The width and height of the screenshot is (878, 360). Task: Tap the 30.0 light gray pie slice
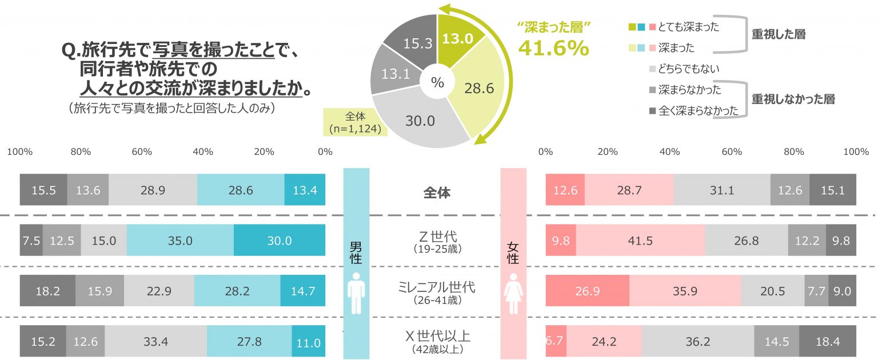click(420, 121)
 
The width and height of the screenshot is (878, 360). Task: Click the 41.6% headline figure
click(553, 49)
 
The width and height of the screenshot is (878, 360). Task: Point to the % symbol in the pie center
click(437, 83)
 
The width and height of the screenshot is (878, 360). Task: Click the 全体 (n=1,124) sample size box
click(356, 121)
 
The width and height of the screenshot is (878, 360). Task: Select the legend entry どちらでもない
click(688, 69)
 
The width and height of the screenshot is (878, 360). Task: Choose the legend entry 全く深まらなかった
click(698, 111)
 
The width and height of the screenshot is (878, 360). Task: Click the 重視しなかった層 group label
click(793, 99)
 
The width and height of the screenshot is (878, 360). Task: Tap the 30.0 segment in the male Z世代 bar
click(280, 241)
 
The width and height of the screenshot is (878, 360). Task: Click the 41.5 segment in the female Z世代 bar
click(640, 241)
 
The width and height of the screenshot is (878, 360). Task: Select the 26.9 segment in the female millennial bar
click(587, 291)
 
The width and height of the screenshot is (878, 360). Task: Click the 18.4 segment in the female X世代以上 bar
click(827, 342)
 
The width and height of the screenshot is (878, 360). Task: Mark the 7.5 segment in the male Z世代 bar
click(31, 241)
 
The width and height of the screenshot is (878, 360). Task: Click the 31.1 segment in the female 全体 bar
click(722, 190)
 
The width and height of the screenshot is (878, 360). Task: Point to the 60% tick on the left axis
click(142, 152)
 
